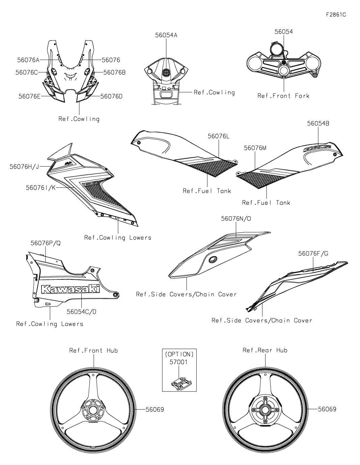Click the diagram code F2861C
(336, 15)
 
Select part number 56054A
(166, 35)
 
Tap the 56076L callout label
(219, 136)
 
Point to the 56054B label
(318, 124)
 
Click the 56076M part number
(255, 148)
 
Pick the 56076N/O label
(236, 219)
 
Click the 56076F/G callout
(313, 253)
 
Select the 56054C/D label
(81, 312)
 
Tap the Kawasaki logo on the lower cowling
(71, 289)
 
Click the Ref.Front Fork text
(283, 96)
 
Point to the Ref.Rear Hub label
(265, 350)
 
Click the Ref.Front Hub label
(93, 351)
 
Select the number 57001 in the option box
(179, 362)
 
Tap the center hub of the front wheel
(93, 409)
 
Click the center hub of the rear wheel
(265, 409)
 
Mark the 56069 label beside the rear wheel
(327, 409)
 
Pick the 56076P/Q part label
(46, 243)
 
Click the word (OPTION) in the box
(179, 355)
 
